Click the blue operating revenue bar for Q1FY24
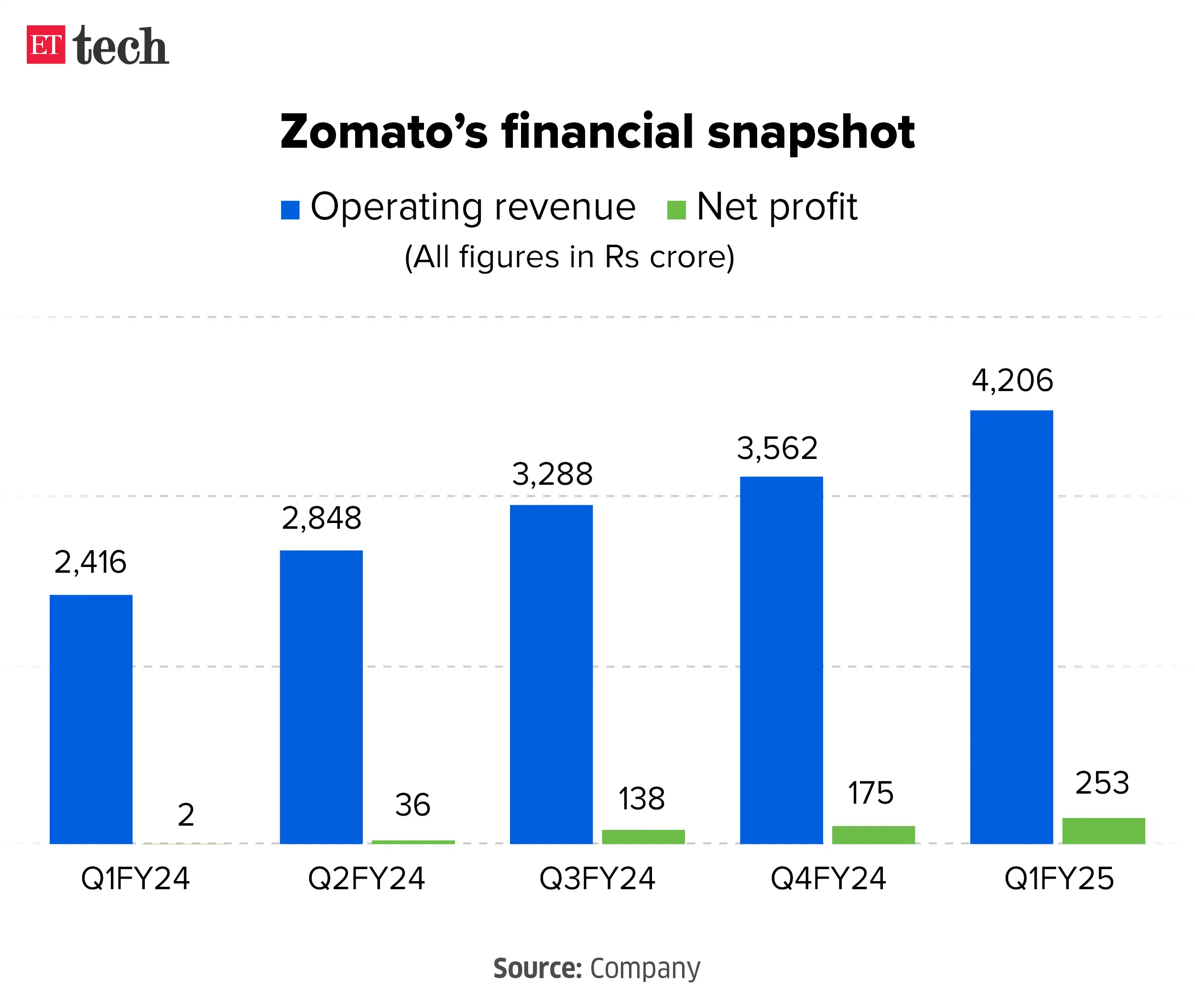[x=91, y=719]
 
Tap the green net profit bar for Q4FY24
[x=873, y=835]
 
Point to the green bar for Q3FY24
[x=643, y=836]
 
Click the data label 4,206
[x=1012, y=380]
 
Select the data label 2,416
[x=90, y=562]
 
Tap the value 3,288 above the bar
[x=552, y=474]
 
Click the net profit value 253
[x=1102, y=783]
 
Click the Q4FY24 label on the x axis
[x=828, y=878]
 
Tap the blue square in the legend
[x=290, y=210]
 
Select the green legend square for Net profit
[x=676, y=210]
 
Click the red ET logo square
[x=45, y=44]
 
